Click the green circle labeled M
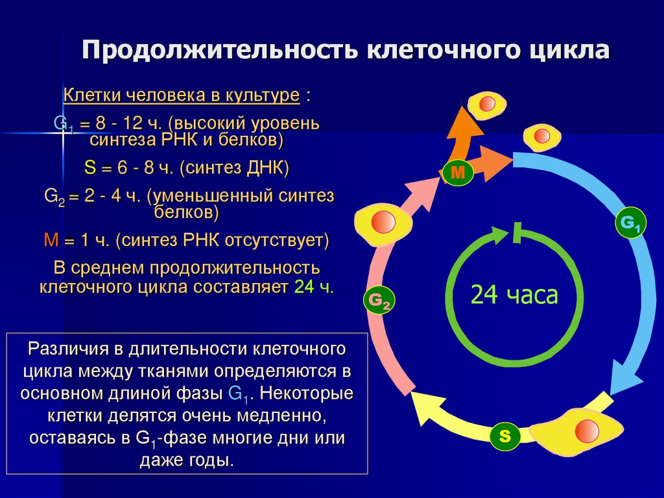[x=458, y=173]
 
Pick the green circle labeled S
[x=505, y=436]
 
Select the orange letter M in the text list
[x=51, y=240]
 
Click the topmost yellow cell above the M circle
[x=486, y=104]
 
